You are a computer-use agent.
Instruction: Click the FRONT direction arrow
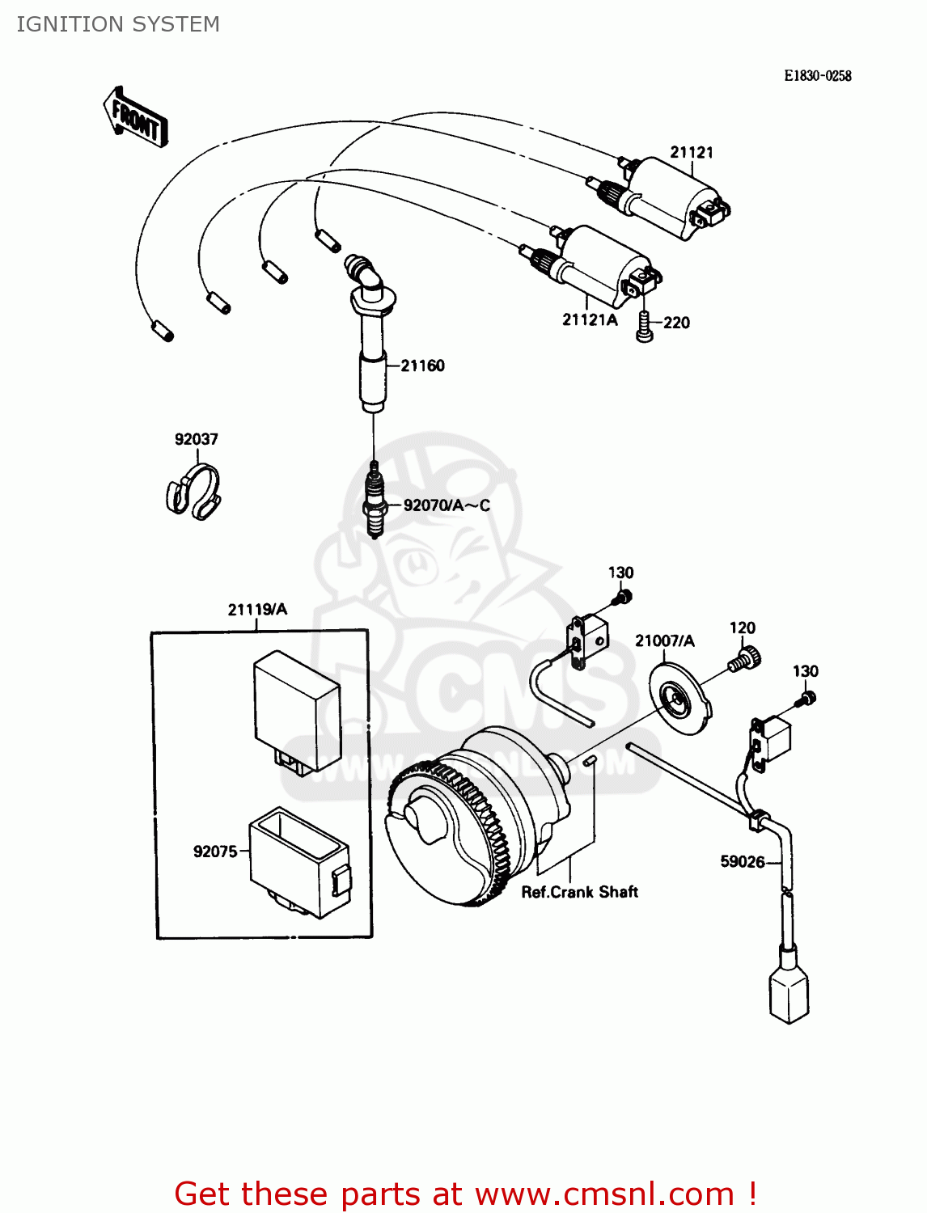pos(136,118)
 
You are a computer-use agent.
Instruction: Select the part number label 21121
pos(691,152)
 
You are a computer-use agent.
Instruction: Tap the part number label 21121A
pos(590,320)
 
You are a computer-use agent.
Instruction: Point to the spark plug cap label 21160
pos(422,366)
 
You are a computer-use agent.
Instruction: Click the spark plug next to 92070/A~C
pos(373,501)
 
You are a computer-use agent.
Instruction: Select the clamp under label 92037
pos(193,491)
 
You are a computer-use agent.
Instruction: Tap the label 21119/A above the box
pos(257,610)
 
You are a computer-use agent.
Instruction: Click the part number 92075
pos(215,852)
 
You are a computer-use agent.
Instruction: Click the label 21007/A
pos(664,641)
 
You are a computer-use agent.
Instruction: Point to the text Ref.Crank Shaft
pos(579,892)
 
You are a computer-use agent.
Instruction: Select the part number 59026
pos(742,862)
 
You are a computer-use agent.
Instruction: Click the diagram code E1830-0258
pos(817,76)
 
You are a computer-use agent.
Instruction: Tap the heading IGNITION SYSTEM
pos(118,24)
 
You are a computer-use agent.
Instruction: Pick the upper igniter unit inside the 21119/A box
pos(296,712)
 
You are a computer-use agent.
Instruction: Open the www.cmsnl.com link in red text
pos(603,1194)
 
